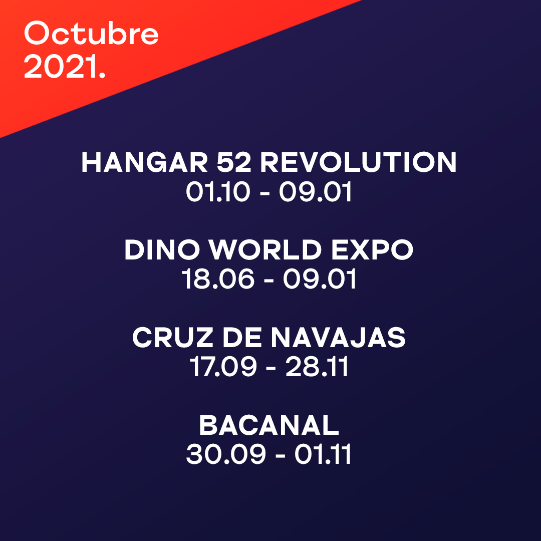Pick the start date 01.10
[217, 192]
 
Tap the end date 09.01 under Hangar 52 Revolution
[316, 192]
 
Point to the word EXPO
[372, 250]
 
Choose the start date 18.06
[218, 280]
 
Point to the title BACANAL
[269, 426]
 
